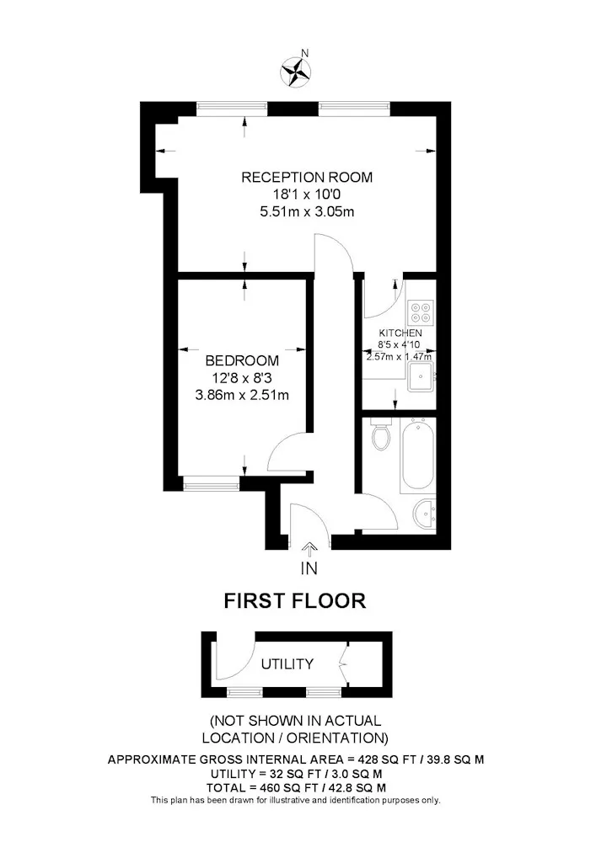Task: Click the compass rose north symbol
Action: pyautogui.click(x=296, y=72)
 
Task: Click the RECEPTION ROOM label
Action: pyautogui.click(x=306, y=177)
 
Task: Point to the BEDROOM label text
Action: pyautogui.click(x=242, y=360)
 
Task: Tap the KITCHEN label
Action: pyautogui.click(x=400, y=333)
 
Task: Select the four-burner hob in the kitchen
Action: pyautogui.click(x=421, y=312)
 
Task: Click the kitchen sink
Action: pyautogui.click(x=421, y=376)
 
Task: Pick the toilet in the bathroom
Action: pyautogui.click(x=382, y=436)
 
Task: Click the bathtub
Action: pyautogui.click(x=417, y=455)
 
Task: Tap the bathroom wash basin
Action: pyautogui.click(x=425, y=514)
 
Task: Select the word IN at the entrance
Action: pyautogui.click(x=309, y=568)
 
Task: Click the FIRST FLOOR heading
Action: pyautogui.click(x=295, y=601)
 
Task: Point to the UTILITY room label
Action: pyautogui.click(x=287, y=664)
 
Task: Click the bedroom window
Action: pyautogui.click(x=212, y=484)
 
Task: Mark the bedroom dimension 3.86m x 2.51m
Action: pyautogui.click(x=242, y=395)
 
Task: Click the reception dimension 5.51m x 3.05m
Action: pyautogui.click(x=307, y=211)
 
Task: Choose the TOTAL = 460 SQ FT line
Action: pyautogui.click(x=296, y=788)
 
